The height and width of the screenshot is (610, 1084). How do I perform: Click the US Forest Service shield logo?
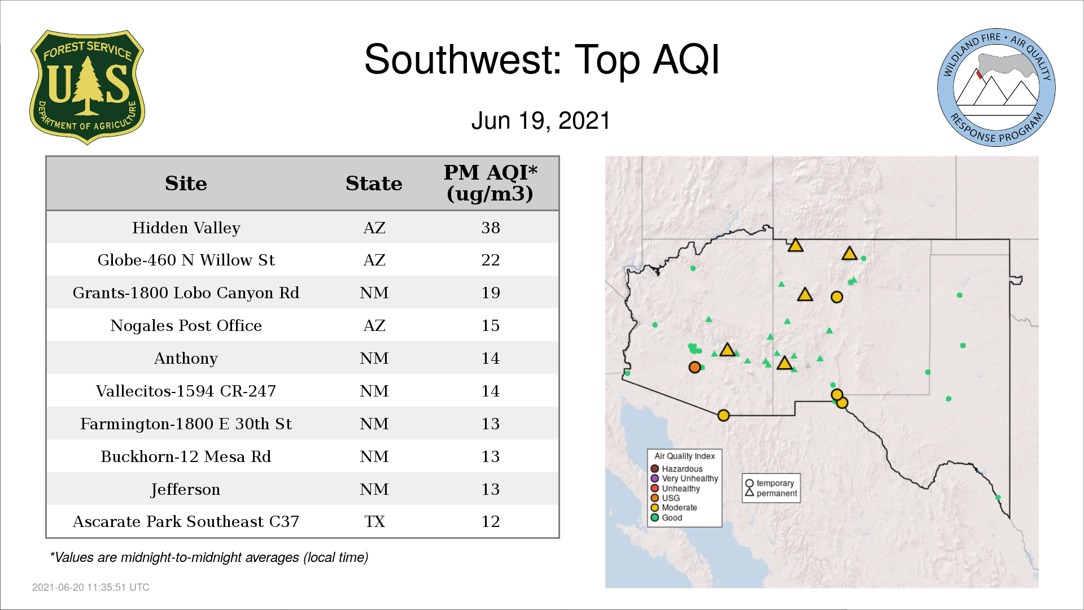(87, 87)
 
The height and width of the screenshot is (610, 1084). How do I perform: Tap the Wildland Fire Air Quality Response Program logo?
(996, 88)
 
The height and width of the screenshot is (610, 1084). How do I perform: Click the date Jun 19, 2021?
(541, 121)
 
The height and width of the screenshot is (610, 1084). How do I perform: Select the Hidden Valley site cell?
(186, 228)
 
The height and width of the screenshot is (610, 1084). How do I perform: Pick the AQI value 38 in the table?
(491, 228)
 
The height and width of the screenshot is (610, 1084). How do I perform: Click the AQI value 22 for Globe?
(491, 260)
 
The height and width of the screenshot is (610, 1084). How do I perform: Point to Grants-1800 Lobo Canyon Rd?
(186, 293)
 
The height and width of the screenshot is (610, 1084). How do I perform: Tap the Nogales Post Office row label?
(186, 325)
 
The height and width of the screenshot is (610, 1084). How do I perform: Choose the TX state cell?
(374, 521)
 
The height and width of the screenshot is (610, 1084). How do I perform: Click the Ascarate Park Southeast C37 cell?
(186, 521)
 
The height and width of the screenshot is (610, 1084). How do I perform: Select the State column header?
(374, 184)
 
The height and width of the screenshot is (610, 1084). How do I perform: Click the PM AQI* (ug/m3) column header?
(490, 183)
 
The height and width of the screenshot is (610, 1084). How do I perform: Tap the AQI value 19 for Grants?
(491, 293)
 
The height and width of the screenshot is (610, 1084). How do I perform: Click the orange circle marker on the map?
(694, 367)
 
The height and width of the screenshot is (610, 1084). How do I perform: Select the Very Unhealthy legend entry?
(684, 478)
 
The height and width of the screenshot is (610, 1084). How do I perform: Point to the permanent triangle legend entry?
(771, 493)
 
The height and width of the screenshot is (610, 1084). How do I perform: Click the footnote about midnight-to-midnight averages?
(209, 557)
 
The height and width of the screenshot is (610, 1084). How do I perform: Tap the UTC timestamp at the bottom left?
(91, 587)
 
